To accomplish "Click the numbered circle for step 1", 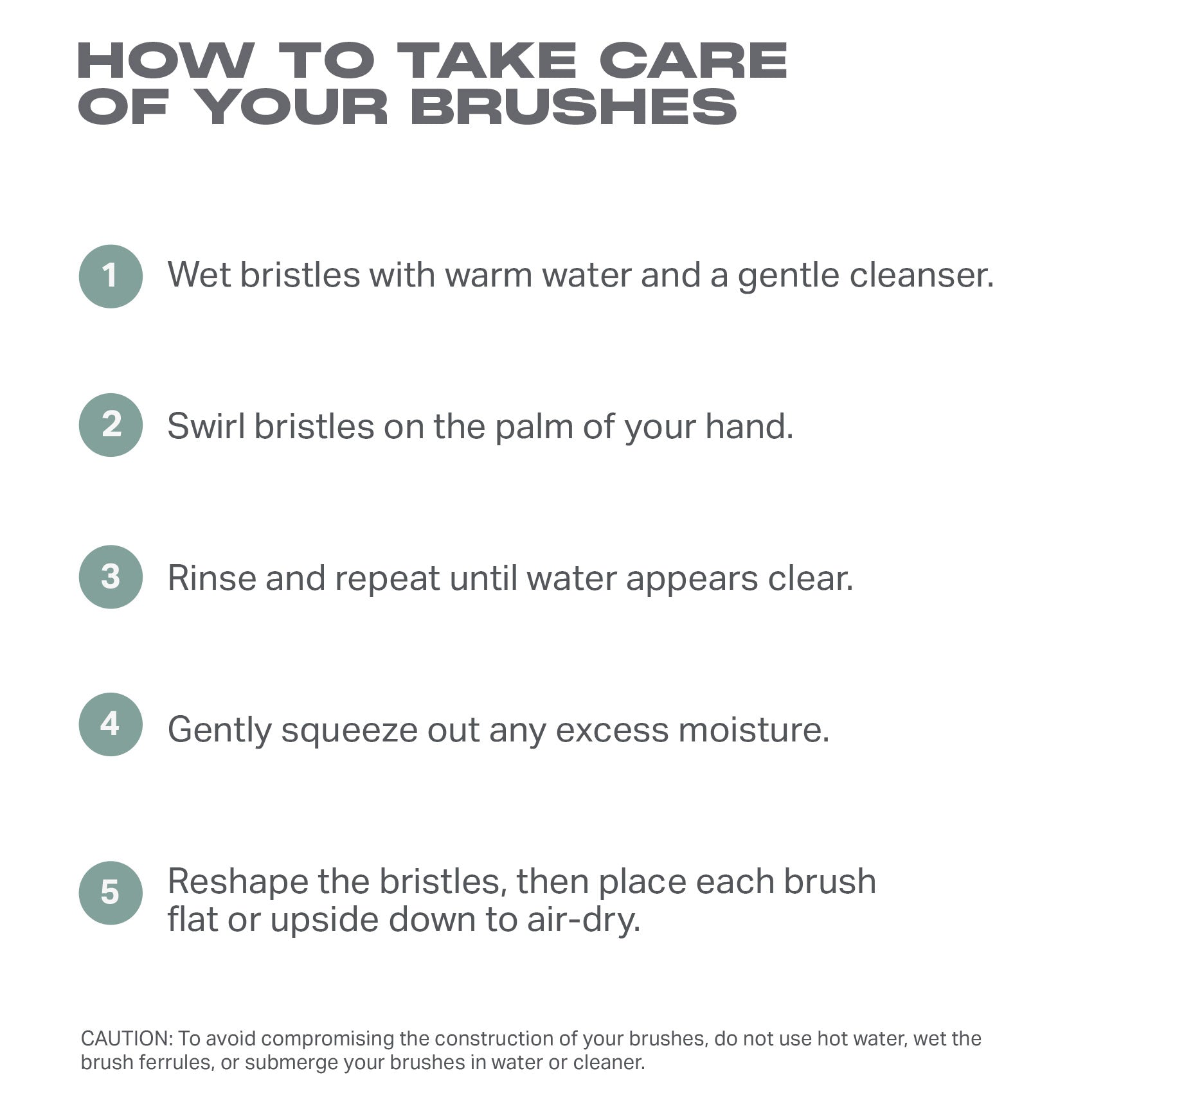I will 111,276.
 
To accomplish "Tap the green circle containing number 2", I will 111,425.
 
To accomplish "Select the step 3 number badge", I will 111,577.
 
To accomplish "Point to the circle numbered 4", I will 111,724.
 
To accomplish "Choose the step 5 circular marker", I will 111,893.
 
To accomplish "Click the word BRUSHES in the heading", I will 573,107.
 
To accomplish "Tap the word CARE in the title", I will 693,60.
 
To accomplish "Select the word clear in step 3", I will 810,578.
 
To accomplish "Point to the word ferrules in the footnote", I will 181,1063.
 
